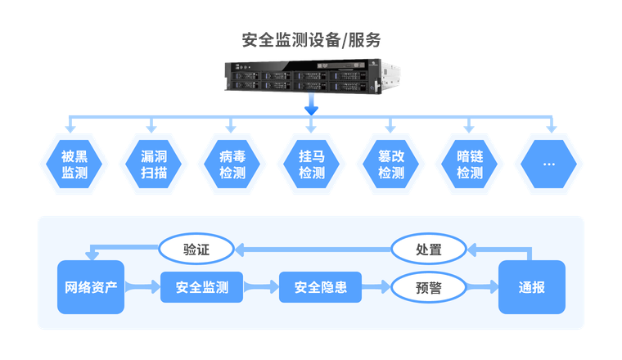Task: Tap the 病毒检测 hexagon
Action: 232,164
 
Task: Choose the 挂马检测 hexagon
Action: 311,164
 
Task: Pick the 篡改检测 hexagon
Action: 390,164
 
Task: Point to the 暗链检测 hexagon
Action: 470,164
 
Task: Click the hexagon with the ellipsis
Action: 548,164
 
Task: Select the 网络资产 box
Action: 91,287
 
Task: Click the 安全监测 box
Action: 201,287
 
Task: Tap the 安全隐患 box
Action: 320,287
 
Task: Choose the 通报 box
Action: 531,287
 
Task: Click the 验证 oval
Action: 196,249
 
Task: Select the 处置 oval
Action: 429,249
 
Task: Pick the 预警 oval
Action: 429,287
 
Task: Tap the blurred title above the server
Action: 311,38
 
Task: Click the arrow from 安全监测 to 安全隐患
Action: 261,287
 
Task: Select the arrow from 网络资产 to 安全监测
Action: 142,287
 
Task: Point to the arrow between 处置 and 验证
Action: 313,249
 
